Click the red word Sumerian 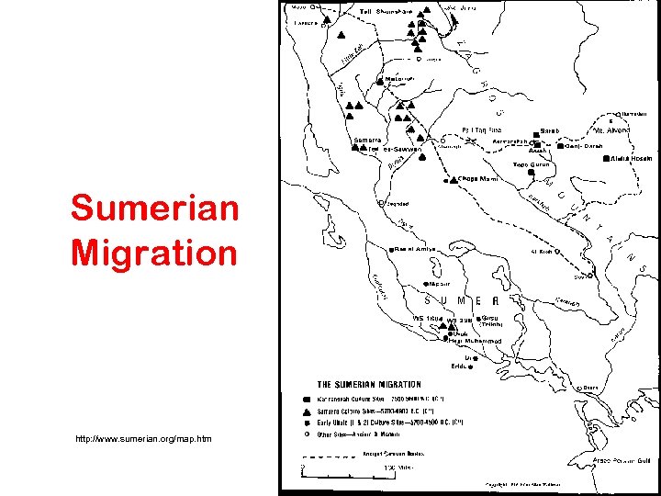pos(154,209)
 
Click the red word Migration pos(154,252)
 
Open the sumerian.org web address pos(144,438)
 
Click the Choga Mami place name pos(477,179)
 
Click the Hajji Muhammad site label pos(476,341)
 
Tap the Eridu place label pos(477,367)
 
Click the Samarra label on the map pos(367,140)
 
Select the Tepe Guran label pos(531,164)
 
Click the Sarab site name pos(550,131)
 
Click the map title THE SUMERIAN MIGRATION pos(368,385)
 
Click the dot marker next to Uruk pos(451,333)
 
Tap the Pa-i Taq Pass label pos(482,130)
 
